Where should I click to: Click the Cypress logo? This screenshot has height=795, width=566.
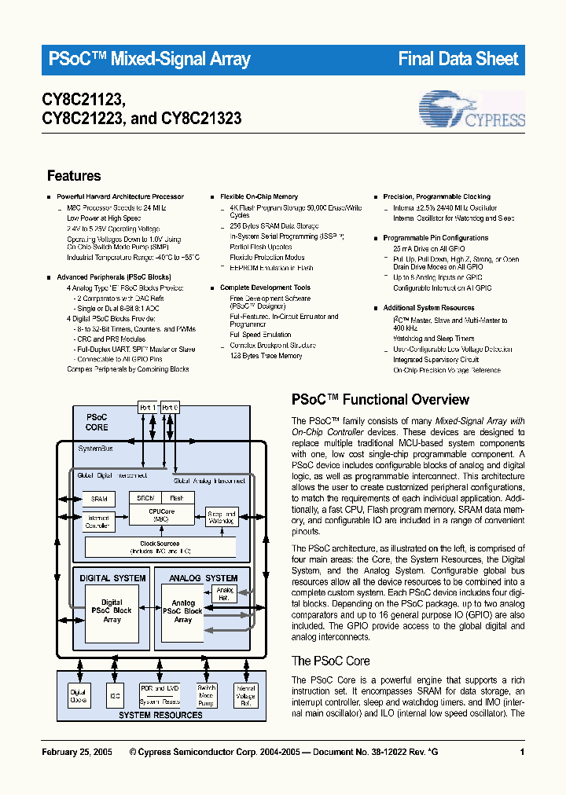coord(472,110)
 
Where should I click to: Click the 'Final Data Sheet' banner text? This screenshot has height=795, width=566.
coord(458,59)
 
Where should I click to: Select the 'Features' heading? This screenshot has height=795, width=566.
coord(74,176)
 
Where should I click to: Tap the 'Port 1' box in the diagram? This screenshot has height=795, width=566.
coord(149,407)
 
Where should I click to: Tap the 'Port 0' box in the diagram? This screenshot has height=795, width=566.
coord(170,407)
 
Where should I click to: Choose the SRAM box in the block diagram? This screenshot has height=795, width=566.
coord(100,499)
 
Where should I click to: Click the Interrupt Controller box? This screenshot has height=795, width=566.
coord(99,522)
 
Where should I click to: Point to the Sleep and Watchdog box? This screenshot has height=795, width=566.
coord(221,516)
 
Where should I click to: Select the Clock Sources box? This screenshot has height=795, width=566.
coord(160,547)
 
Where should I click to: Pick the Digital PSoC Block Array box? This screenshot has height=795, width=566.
coord(112,610)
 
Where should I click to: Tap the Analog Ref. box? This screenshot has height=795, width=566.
coord(225,594)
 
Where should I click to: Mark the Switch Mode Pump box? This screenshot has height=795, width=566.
coord(207,694)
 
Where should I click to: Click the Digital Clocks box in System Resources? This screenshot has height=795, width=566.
coord(79,694)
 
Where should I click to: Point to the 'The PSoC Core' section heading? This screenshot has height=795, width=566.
coord(330,661)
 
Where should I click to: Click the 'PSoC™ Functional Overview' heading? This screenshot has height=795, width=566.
coord(380,399)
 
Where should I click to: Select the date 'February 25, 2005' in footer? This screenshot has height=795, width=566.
coord(76,753)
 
